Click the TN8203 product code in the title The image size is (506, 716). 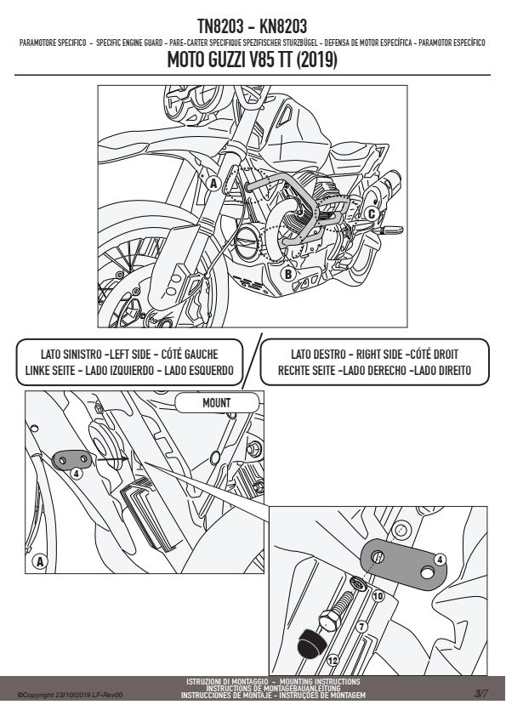pyautogui.click(x=220, y=26)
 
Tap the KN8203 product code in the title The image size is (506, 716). pyautogui.click(x=283, y=26)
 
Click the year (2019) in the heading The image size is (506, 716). pyautogui.click(x=317, y=60)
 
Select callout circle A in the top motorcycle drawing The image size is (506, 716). pyautogui.click(x=213, y=184)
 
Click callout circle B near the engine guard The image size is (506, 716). pyautogui.click(x=288, y=274)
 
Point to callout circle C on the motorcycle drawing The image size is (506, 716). pyautogui.click(x=372, y=213)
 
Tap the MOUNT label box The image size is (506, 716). pyautogui.click(x=217, y=403)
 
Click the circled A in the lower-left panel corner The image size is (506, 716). pyautogui.click(x=40, y=561)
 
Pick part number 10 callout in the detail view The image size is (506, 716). pyautogui.click(x=378, y=596)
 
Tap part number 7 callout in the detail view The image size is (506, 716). pyautogui.click(x=361, y=626)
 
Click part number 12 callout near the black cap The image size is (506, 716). pyautogui.click(x=333, y=660)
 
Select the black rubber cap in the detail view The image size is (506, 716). pyautogui.click(x=310, y=644)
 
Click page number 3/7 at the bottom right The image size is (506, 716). pyautogui.click(x=480, y=694)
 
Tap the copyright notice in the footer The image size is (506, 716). pyautogui.click(x=70, y=695)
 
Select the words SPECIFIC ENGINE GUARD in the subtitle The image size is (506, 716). pyautogui.click(x=129, y=43)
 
